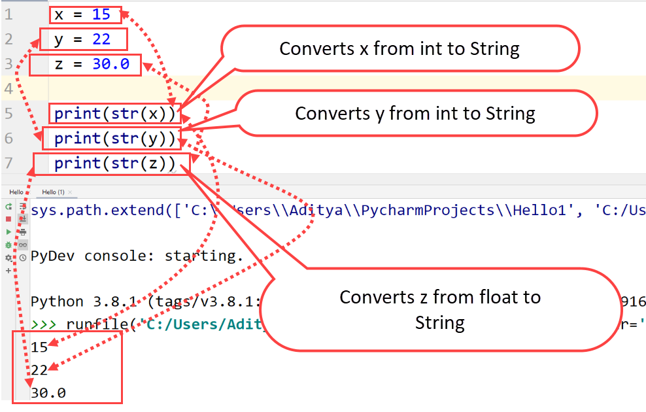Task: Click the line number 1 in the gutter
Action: pyautogui.click(x=8, y=14)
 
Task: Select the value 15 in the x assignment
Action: pyautogui.click(x=101, y=14)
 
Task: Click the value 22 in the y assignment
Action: pyautogui.click(x=101, y=39)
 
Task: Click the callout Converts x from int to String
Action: pyautogui.click(x=399, y=48)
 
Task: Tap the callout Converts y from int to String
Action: pyautogui.click(x=415, y=113)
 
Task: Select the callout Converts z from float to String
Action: pyautogui.click(x=439, y=309)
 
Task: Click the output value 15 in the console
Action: pyautogui.click(x=39, y=347)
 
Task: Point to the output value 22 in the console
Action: pyautogui.click(x=39, y=370)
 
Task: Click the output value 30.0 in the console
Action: pyautogui.click(x=48, y=393)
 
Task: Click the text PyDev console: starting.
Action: pyautogui.click(x=137, y=256)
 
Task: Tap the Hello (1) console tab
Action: pyautogui.click(x=53, y=192)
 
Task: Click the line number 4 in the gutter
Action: pyautogui.click(x=8, y=88)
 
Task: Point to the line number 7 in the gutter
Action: pyautogui.click(x=8, y=163)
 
